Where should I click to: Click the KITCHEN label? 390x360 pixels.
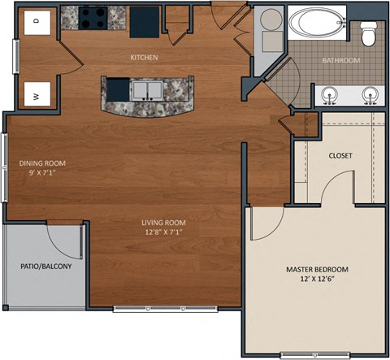(x=144, y=58)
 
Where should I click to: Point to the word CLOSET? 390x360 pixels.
(x=340, y=155)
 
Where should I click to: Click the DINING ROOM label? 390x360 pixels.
(x=41, y=163)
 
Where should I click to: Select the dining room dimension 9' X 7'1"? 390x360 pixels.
(x=41, y=172)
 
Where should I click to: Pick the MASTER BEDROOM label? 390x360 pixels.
(x=317, y=269)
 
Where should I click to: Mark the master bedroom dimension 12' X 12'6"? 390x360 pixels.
(x=317, y=280)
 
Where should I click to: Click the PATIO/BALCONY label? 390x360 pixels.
(x=45, y=267)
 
